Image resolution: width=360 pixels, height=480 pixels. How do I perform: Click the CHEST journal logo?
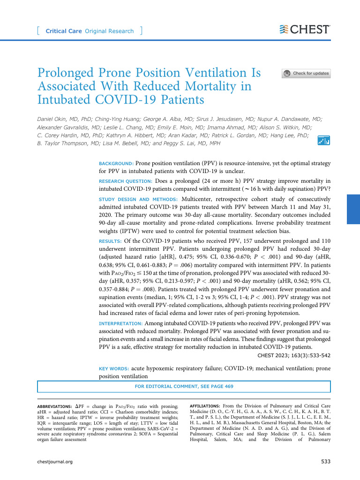click(305, 30)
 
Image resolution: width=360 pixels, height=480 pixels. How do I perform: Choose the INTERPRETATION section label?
click(120, 324)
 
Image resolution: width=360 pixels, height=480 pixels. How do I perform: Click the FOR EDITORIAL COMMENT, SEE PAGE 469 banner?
click(184, 386)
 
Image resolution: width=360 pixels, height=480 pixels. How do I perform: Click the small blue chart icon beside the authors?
click(323, 140)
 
